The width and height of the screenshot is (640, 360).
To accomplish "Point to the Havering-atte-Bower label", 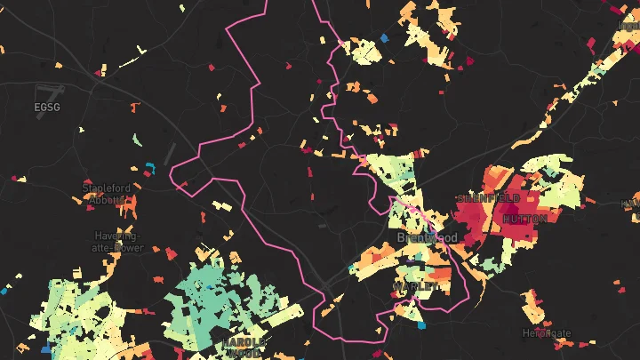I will (117, 241).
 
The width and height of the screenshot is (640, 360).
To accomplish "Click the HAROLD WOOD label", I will (243, 347).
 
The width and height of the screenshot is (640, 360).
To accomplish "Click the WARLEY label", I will (418, 288).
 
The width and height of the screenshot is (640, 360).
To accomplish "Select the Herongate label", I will (547, 333).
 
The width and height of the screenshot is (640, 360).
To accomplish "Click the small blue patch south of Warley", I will (421, 324).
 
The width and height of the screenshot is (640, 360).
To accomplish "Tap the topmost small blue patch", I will (384, 38).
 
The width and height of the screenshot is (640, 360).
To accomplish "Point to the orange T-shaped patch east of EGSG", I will (135, 108).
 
